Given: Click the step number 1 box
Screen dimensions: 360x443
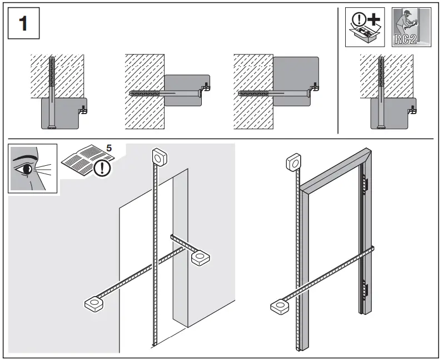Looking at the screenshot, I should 24,25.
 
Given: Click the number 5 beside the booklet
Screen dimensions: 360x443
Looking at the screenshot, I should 108,149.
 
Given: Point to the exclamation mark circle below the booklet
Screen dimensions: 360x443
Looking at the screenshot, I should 102,167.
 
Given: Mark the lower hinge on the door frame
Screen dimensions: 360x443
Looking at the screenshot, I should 365,289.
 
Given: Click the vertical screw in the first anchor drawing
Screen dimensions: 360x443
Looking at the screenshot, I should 51,92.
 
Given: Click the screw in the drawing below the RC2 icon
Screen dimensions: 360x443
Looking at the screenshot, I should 381,92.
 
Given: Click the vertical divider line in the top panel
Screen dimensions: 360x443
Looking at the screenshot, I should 338,70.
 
